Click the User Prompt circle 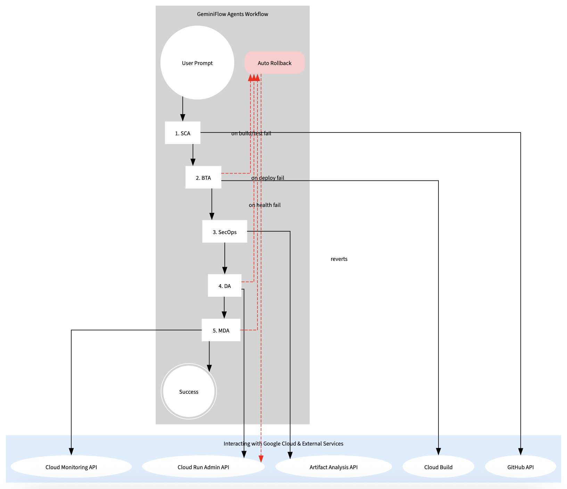pyautogui.click(x=197, y=63)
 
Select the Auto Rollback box pyautogui.click(x=274, y=63)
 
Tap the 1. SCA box pyautogui.click(x=183, y=133)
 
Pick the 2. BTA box pyautogui.click(x=203, y=177)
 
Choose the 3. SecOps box pyautogui.click(x=225, y=231)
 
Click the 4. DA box pyautogui.click(x=225, y=286)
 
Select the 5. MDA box pyautogui.click(x=221, y=330)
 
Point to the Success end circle pyautogui.click(x=189, y=391)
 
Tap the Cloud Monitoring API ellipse pyautogui.click(x=71, y=467)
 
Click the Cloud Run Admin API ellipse pyautogui.click(x=203, y=467)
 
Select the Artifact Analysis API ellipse pyautogui.click(x=334, y=467)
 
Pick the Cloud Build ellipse pyautogui.click(x=438, y=467)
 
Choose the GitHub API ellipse pyautogui.click(x=520, y=467)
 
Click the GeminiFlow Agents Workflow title pyautogui.click(x=232, y=14)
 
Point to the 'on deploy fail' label pyautogui.click(x=268, y=178)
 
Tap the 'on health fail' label pyautogui.click(x=265, y=205)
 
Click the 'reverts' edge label pyautogui.click(x=339, y=259)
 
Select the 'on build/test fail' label pyautogui.click(x=251, y=134)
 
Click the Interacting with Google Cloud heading pyautogui.click(x=283, y=444)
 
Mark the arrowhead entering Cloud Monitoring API pyautogui.click(x=71, y=452)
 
